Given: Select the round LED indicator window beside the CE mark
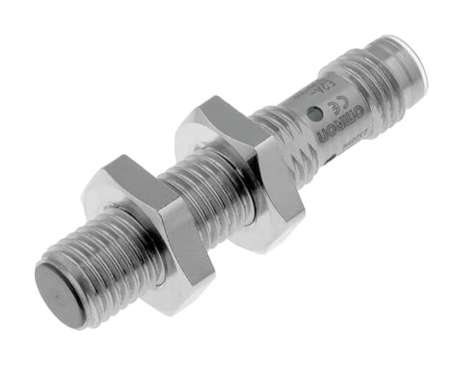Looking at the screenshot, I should (314, 113).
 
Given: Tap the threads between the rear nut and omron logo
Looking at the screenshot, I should (287, 135).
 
